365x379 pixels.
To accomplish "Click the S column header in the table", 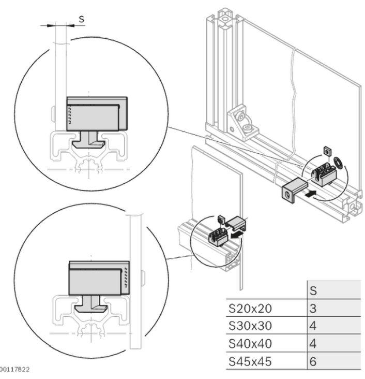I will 313,291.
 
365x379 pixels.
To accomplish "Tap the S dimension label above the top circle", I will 81,19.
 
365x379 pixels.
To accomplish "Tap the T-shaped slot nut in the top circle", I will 89,139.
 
